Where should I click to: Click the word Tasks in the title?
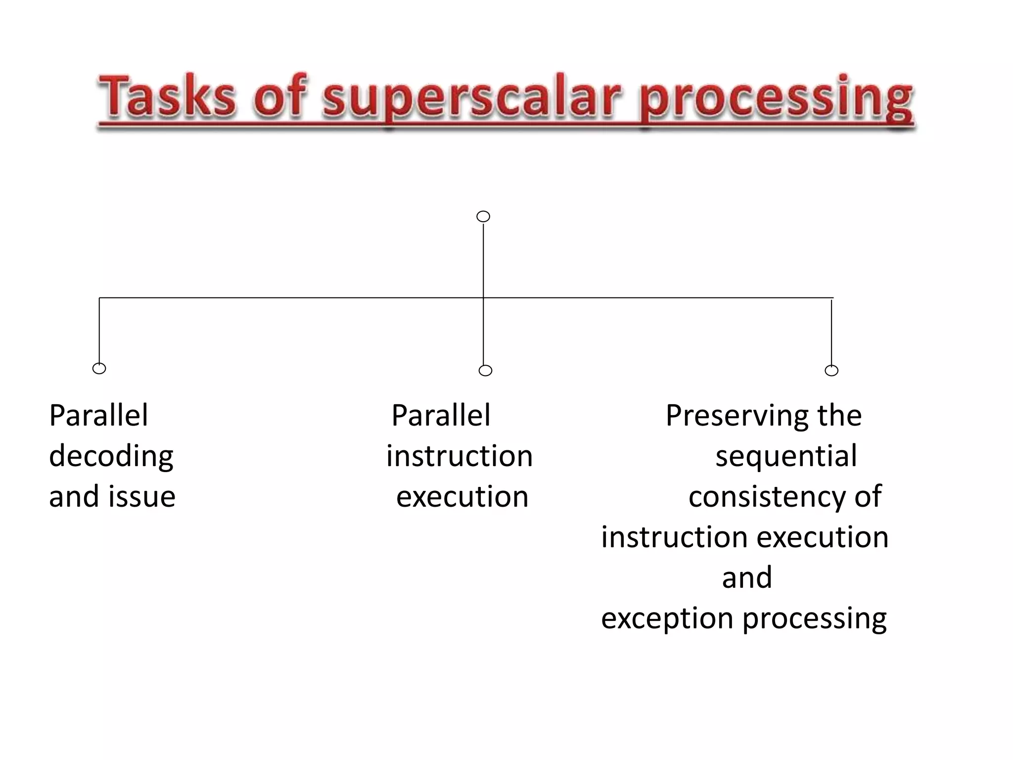click(x=167, y=96)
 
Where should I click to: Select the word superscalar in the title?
click(x=471, y=96)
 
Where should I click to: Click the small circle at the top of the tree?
click(x=483, y=216)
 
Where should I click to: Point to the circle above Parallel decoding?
click(x=99, y=368)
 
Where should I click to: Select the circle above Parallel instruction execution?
click(x=485, y=370)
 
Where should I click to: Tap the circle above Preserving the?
click(x=831, y=370)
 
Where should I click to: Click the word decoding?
click(x=111, y=456)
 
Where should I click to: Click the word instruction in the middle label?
click(x=459, y=456)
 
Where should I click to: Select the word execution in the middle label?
click(x=462, y=496)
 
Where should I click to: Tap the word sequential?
click(x=786, y=456)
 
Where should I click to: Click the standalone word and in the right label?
click(x=747, y=577)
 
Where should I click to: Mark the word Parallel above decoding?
click(x=98, y=415)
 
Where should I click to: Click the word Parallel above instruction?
click(x=441, y=415)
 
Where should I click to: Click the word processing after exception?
click(x=815, y=618)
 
